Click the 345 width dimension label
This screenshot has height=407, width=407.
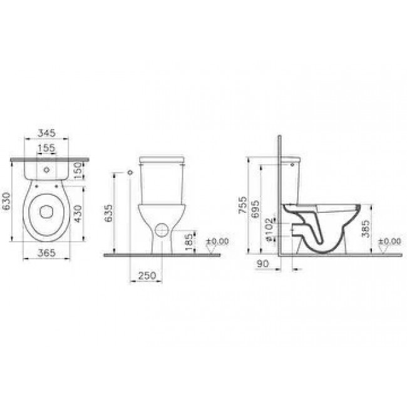pos(47,133)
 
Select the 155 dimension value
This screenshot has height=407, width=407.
pos(46,148)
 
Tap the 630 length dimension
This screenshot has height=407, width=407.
pos(6,201)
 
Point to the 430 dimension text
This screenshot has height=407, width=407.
pos(78,214)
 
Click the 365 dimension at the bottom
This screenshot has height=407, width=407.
pos(47,252)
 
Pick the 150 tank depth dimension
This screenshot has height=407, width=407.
pos(78,170)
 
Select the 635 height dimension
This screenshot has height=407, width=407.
pos(108,214)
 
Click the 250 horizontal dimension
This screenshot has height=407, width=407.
pos(147,276)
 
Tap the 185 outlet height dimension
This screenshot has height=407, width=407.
pos(189,242)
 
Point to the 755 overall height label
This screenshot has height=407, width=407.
pos(243,205)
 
